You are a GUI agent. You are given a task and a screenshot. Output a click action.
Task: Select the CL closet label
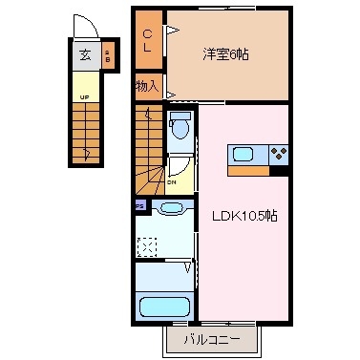tap(148, 42)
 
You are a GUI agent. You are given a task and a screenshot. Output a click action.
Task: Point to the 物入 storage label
tap(147, 86)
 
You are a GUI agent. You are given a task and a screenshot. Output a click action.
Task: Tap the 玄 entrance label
tap(85, 54)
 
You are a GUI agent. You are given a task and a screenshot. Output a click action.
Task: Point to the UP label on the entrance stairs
tap(84, 97)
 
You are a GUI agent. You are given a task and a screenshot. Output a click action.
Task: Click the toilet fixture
tap(180, 125)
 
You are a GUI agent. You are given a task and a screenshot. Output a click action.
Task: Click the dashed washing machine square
tap(147, 246)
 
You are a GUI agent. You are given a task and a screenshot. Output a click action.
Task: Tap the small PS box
tap(139, 204)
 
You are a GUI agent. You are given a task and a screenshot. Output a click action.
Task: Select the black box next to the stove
tap(280, 169)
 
